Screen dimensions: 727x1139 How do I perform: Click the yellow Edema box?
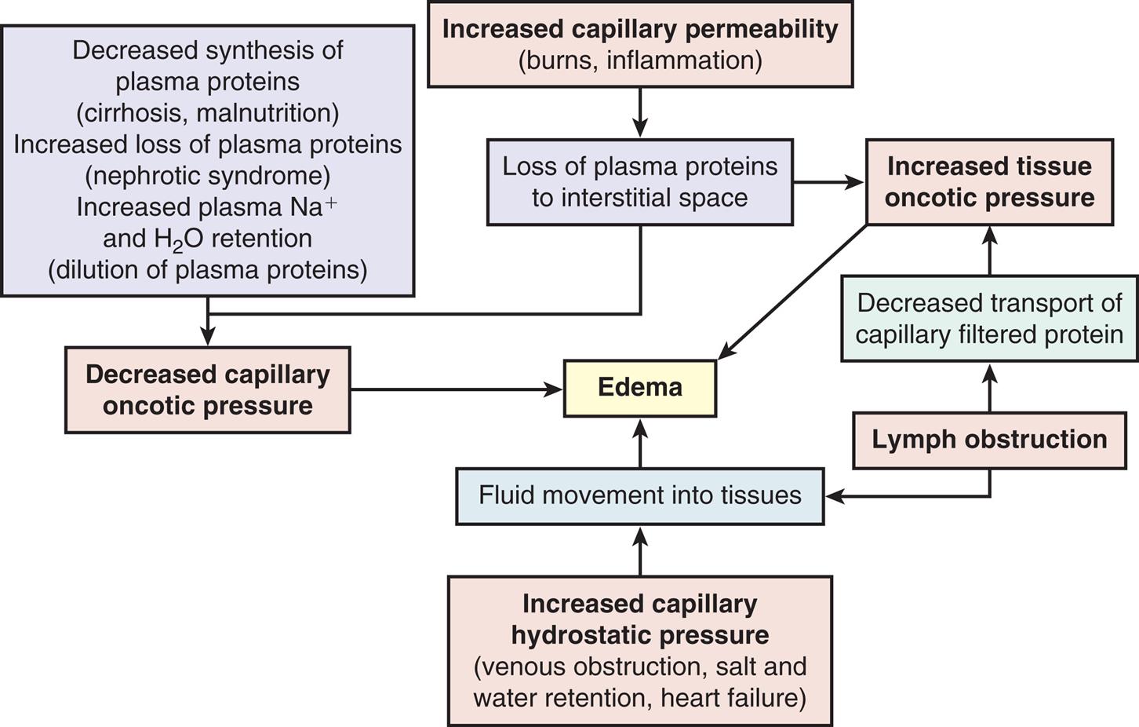tap(639, 388)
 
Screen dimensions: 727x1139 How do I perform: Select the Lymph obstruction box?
tap(989, 440)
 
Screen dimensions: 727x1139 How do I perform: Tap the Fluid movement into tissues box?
tap(639, 495)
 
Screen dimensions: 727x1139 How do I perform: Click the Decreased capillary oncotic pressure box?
tap(207, 390)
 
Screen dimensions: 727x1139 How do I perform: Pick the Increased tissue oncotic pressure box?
tap(989, 182)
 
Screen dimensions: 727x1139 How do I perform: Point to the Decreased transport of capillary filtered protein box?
tap(989, 318)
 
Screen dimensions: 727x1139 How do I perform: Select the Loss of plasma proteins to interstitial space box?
tap(639, 182)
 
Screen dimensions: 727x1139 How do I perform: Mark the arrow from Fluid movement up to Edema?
tap(640, 443)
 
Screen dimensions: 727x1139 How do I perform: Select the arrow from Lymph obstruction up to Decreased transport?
tap(989, 388)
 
